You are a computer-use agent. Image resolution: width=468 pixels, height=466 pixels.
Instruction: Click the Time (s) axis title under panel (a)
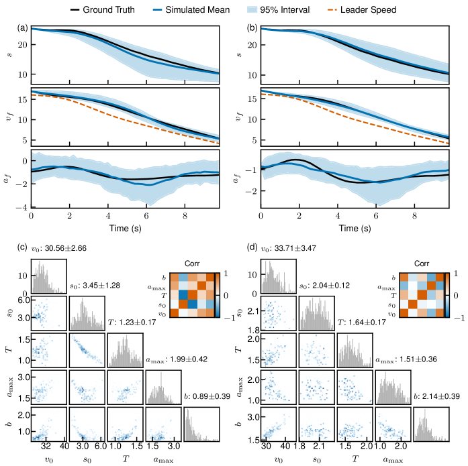tap(126, 229)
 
